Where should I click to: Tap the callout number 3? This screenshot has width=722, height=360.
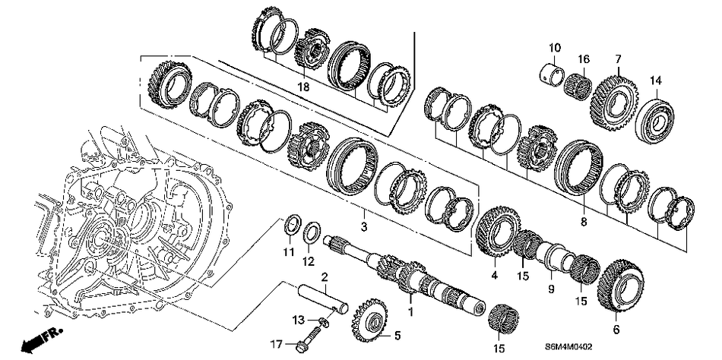point(364,227)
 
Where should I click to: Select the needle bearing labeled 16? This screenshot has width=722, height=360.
point(581,80)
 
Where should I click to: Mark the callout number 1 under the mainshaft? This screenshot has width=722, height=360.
point(411,312)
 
